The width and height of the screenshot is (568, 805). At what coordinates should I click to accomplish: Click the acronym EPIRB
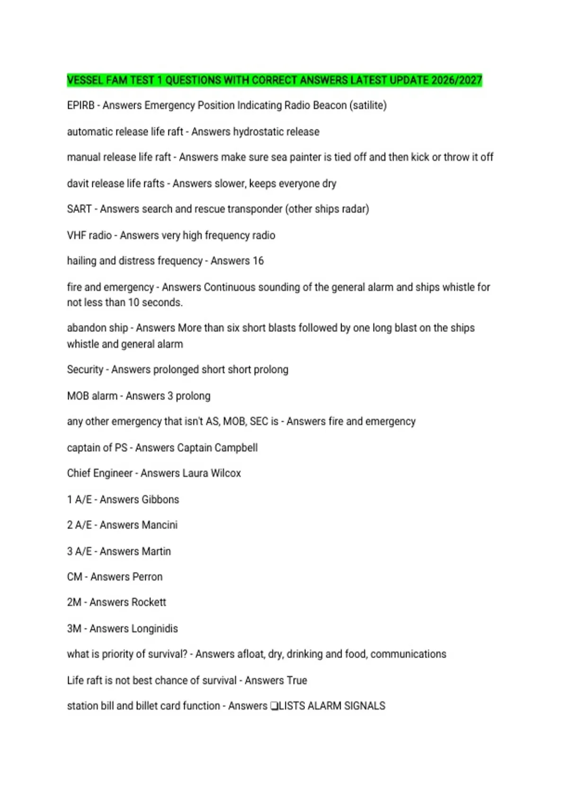coord(80,106)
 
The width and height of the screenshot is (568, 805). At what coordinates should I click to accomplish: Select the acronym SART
coord(79,209)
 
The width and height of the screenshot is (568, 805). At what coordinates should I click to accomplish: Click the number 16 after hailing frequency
coord(258,261)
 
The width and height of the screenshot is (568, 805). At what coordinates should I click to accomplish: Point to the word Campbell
coord(236,447)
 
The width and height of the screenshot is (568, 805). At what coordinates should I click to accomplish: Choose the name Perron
coord(144,577)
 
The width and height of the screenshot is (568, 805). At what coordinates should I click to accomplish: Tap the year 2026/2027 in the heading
coord(457,80)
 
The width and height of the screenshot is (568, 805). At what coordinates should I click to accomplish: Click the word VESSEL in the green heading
coord(85,80)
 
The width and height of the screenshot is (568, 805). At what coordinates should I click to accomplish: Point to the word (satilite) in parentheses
coord(368,106)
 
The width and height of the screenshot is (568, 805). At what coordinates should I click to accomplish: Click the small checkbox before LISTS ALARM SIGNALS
coord(274,706)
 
